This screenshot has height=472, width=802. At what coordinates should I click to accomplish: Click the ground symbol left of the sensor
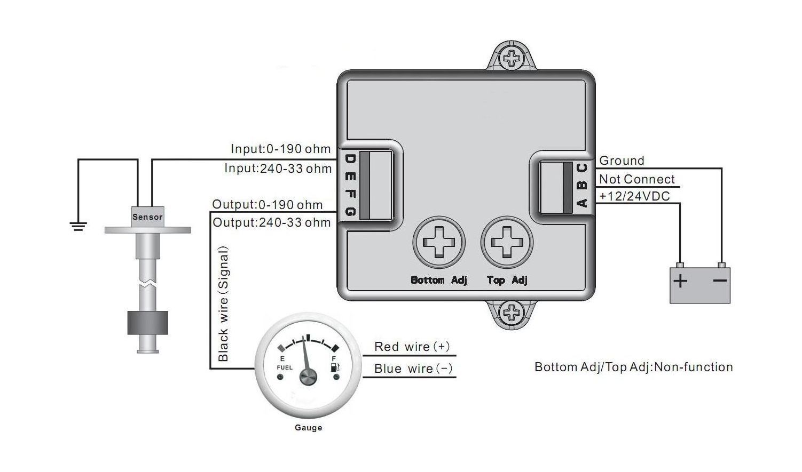click(x=78, y=227)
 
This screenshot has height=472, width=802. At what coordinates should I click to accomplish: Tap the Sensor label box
click(x=147, y=217)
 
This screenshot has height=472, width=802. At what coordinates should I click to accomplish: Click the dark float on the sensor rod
click(x=147, y=323)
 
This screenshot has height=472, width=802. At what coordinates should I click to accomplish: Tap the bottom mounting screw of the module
click(x=512, y=311)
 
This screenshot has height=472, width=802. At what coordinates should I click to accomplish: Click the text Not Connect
click(x=637, y=179)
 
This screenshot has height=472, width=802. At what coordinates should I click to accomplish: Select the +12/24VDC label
click(x=634, y=196)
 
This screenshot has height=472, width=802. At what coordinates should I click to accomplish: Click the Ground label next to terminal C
click(x=622, y=161)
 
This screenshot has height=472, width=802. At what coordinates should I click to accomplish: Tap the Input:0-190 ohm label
click(x=280, y=149)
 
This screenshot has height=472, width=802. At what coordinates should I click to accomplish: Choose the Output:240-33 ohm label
click(x=272, y=222)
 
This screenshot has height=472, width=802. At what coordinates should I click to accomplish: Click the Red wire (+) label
click(x=412, y=347)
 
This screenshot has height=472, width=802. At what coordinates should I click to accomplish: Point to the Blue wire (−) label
click(x=414, y=369)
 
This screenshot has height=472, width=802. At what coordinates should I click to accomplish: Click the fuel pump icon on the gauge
click(x=335, y=367)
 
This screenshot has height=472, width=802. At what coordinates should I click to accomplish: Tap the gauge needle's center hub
click(x=308, y=377)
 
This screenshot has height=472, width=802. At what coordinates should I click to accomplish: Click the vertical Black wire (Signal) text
click(x=223, y=304)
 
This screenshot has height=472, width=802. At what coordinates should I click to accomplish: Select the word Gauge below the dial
click(x=309, y=428)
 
